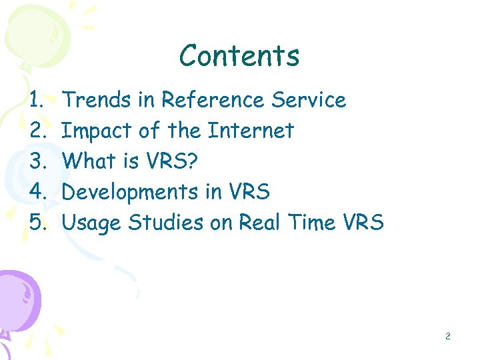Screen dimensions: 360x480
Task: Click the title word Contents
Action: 239,56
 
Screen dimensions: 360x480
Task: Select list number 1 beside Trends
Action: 37,100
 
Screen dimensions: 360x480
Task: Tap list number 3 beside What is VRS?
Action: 37,161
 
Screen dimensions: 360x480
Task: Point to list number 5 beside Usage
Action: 37,223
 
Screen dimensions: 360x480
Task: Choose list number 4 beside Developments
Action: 37,192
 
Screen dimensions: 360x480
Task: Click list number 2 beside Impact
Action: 37,131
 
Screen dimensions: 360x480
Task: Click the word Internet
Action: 251,131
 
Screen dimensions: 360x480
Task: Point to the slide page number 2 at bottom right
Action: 448,337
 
